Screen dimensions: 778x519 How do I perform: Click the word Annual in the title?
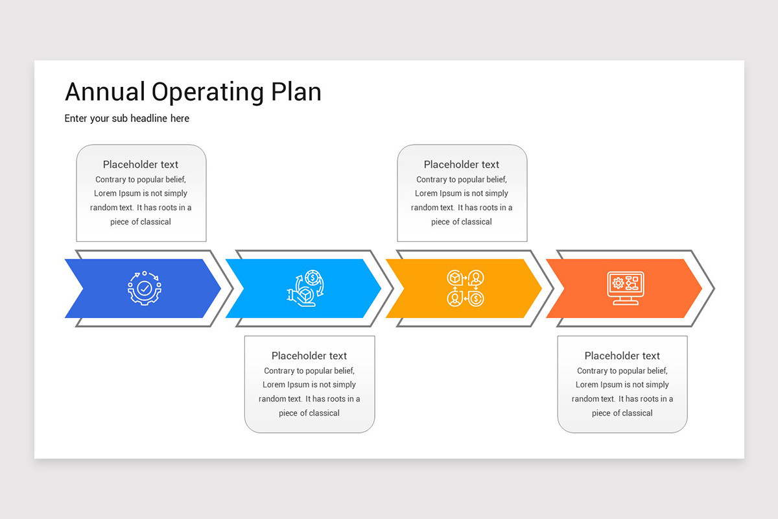tap(105, 91)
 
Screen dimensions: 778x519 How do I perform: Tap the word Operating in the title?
tap(207, 93)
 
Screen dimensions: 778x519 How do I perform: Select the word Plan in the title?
tap(296, 91)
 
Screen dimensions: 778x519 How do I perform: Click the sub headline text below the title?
tap(127, 119)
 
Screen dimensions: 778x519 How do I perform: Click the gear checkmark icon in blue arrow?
tap(145, 288)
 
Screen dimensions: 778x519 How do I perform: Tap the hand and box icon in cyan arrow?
tap(305, 288)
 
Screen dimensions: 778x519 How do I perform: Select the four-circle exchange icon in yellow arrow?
tap(465, 288)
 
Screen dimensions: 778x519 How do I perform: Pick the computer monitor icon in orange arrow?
tap(626, 288)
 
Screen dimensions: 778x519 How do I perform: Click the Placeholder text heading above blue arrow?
tap(140, 164)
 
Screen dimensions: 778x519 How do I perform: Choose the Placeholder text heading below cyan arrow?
tap(309, 356)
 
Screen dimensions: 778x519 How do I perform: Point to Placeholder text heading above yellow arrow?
tap(461, 164)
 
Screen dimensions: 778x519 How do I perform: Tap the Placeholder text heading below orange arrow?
tap(622, 356)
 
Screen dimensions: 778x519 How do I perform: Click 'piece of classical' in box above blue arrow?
tap(140, 222)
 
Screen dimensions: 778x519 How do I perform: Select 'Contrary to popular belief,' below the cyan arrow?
tap(309, 370)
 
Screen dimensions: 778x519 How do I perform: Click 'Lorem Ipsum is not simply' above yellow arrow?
tap(461, 193)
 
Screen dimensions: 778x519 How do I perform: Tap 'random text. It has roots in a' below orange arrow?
tap(622, 399)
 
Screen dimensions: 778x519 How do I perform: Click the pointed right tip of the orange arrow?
tap(702, 288)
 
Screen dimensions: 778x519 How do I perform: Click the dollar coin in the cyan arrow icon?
tap(312, 278)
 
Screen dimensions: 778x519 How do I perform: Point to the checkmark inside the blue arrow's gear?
tap(145, 288)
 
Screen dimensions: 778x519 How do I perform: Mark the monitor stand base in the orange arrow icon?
tap(626, 303)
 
